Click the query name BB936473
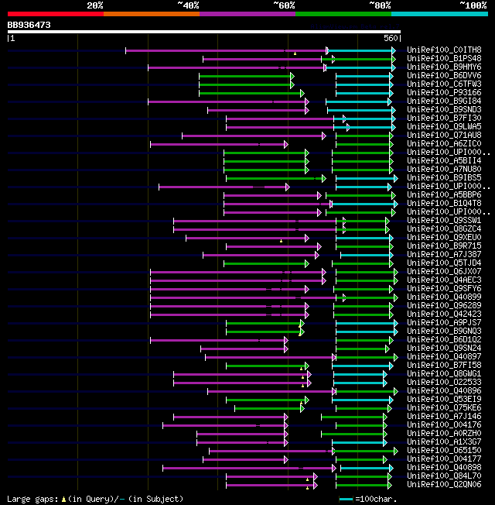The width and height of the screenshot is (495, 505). (29, 25)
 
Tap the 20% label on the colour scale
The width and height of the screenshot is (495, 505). (95, 5)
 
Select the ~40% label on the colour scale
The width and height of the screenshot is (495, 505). (188, 5)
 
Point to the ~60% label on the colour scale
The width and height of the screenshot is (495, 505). (284, 5)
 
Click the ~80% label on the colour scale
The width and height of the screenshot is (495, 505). (380, 5)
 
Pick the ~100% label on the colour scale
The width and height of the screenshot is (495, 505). (473, 5)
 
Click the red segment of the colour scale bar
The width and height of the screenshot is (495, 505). (55, 13)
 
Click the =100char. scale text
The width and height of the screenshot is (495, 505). (378, 499)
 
